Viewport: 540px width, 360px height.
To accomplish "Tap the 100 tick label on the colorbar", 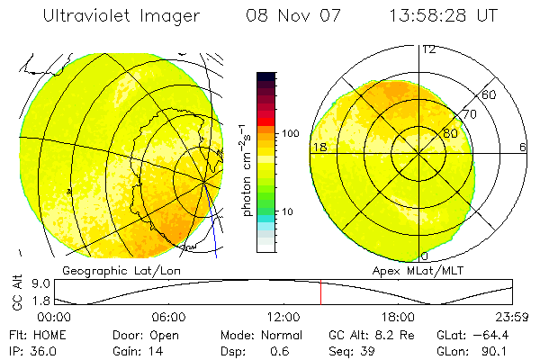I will coord(290,133).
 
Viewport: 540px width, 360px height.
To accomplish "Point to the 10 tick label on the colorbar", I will coord(287,212).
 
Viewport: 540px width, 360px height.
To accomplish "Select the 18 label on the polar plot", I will coord(319,147).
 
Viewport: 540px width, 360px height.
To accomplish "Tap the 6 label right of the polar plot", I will coord(524,147).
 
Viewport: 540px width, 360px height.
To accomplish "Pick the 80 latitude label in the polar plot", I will coord(449,133).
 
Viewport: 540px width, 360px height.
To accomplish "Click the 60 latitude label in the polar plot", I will coord(489,94).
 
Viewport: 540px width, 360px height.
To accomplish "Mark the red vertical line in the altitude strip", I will coord(321,292).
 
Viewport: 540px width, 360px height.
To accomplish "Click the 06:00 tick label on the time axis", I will coord(168,317).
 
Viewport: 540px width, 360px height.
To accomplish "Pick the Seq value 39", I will coord(368,350).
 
